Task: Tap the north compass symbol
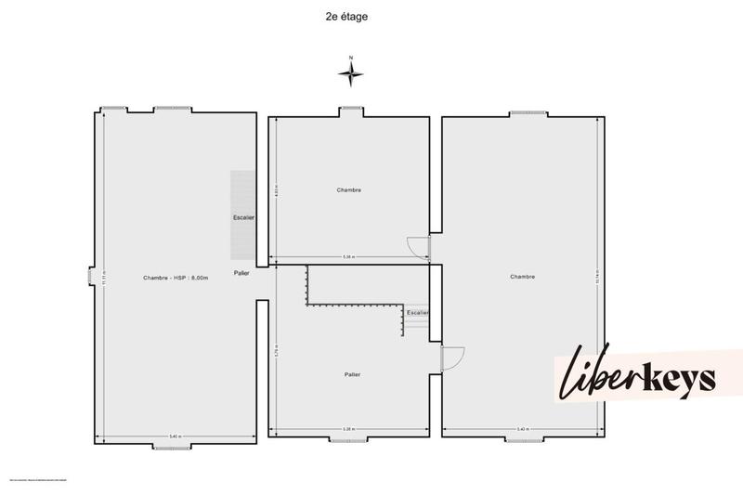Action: point(351,72)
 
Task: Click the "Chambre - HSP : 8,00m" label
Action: point(176,278)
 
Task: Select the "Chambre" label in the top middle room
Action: point(348,189)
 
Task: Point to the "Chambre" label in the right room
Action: point(522,277)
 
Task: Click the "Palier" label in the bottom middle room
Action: point(351,374)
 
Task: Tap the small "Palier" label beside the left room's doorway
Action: point(241,273)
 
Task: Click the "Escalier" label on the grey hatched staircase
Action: point(243,217)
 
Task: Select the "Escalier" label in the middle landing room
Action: point(417,313)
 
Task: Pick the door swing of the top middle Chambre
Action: point(419,246)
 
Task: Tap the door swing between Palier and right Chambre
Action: point(452,358)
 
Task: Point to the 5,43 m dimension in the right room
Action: point(521,429)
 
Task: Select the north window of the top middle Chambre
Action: point(350,110)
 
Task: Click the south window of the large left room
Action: point(171,447)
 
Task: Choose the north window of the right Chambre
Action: point(522,113)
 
